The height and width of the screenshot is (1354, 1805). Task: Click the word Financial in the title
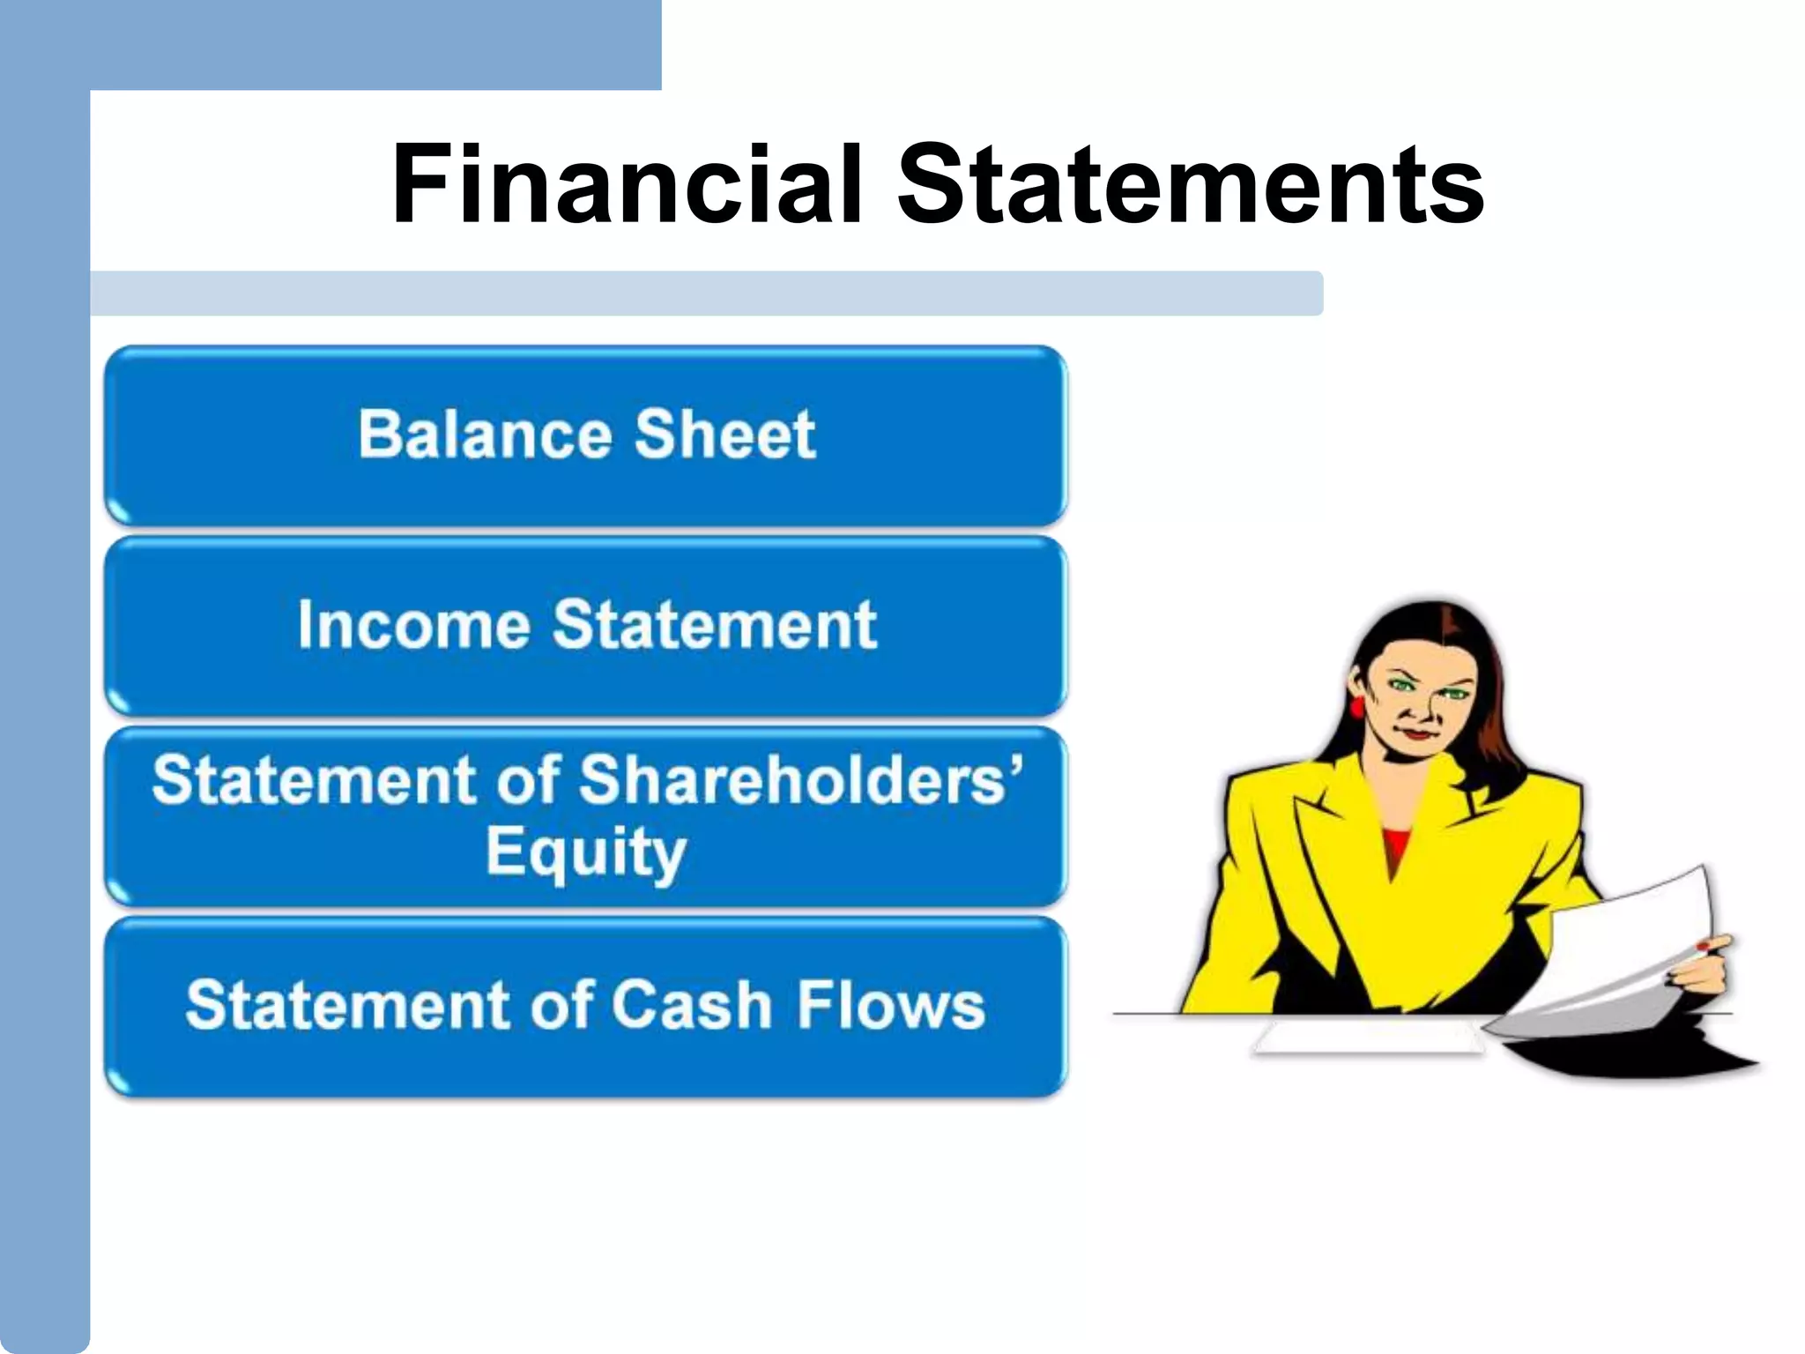(627, 185)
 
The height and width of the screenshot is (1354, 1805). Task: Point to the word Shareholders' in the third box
(801, 780)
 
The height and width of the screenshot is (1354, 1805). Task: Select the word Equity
(585, 852)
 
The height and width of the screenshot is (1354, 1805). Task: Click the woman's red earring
(1357, 706)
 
